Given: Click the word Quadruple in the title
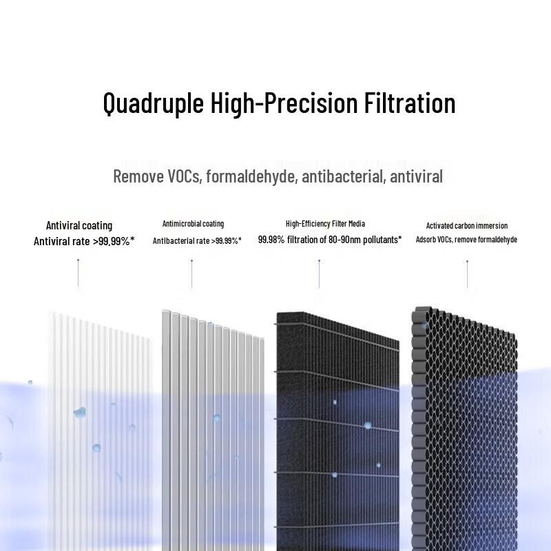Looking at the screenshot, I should pyautogui.click(x=153, y=103).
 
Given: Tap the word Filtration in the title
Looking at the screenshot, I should pyautogui.click(x=406, y=103).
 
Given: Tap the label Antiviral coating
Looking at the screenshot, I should pyautogui.click(x=79, y=225).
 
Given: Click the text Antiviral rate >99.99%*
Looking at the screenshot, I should pyautogui.click(x=84, y=241).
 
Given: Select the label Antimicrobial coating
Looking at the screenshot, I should pyautogui.click(x=193, y=224).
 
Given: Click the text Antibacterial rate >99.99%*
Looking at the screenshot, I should pyautogui.click(x=197, y=241).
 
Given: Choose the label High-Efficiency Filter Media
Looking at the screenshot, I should pyautogui.click(x=325, y=224).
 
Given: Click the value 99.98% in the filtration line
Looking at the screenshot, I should pyautogui.click(x=273, y=240).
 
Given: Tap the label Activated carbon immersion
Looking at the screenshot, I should pyautogui.click(x=467, y=225).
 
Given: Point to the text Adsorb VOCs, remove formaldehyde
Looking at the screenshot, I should pyautogui.click(x=466, y=240).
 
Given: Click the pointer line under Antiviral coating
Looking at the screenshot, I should pyautogui.click(x=78, y=273).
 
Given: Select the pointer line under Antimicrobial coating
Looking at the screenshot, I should pyautogui.click(x=191, y=273).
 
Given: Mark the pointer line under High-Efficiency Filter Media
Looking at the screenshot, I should pyautogui.click(x=319, y=273).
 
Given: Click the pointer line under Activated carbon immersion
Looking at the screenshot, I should pyautogui.click(x=467, y=273).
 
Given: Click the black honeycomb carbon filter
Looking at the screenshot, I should pyautogui.click(x=465, y=427).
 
